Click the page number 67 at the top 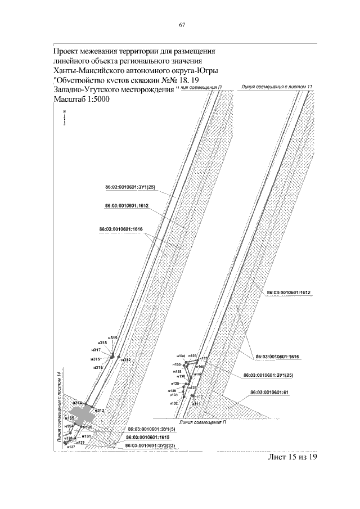click(182, 25)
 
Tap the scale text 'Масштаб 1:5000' click(82, 100)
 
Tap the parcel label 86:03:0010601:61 click(268, 393)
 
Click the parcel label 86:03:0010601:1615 click(147, 437)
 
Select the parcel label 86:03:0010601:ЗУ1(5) click(150, 429)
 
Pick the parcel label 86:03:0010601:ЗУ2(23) click(151, 445)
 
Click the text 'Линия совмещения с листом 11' click(276, 88)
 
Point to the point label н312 click(126, 360)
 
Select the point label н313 click(100, 411)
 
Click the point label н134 click(181, 357)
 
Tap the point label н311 click(196, 404)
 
